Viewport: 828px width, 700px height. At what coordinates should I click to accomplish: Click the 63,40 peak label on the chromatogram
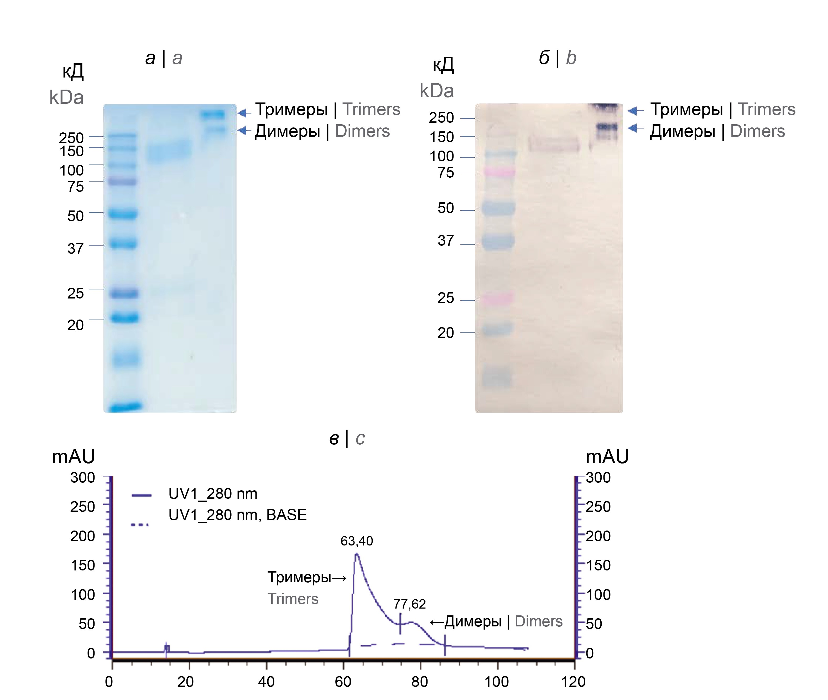point(357,541)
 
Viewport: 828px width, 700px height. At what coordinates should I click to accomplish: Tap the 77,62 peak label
point(409,604)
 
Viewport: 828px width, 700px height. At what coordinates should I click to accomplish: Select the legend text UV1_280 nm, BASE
point(237,515)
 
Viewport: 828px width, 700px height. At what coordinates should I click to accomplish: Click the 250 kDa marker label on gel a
point(71,137)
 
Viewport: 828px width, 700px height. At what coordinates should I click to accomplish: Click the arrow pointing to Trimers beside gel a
point(244,113)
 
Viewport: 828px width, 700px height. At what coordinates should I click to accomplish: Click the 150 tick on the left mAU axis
point(82,565)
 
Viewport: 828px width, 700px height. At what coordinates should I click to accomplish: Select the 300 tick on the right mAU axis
point(598,477)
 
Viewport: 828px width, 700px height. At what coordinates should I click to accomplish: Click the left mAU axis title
point(73,456)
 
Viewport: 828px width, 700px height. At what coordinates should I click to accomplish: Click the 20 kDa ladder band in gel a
point(124,318)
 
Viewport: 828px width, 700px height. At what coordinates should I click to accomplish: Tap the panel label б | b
point(557,58)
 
